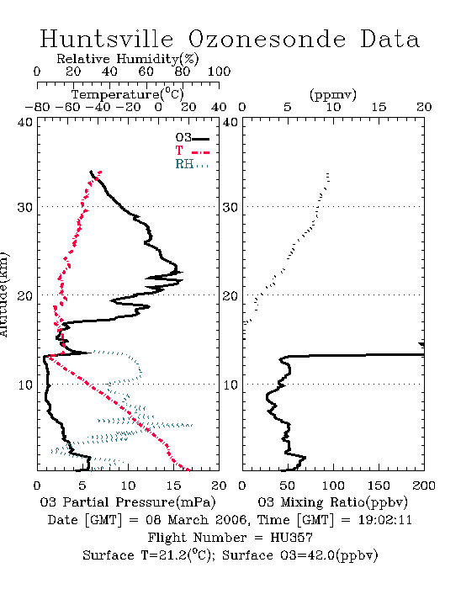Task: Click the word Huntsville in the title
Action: tap(107, 39)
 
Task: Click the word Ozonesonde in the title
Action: tap(266, 39)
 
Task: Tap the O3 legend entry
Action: tap(192, 138)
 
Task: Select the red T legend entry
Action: tap(192, 151)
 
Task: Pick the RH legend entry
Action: tap(192, 164)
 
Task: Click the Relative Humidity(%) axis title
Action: tap(128, 59)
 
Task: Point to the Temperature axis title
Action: tap(128, 94)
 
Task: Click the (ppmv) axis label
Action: tap(333, 94)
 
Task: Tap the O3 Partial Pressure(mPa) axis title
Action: tap(128, 502)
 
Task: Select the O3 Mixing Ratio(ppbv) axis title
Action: tap(332, 502)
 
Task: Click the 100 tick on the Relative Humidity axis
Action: tap(219, 72)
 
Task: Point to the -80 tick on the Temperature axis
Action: tap(37, 107)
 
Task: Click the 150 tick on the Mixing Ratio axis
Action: tap(379, 486)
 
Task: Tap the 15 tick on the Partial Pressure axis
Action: tap(173, 486)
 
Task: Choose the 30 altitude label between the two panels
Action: tap(231, 207)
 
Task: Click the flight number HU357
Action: tap(291, 538)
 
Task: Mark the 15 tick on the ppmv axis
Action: tap(379, 107)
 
